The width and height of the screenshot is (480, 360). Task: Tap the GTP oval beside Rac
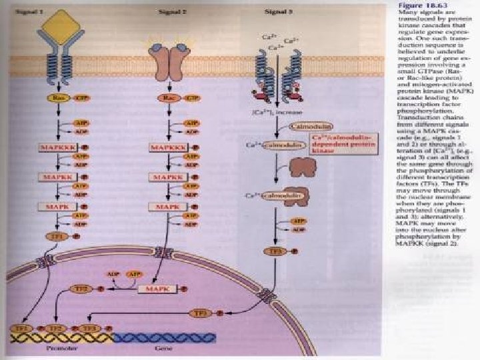point(192,98)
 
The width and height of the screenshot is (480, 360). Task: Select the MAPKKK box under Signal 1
point(56,146)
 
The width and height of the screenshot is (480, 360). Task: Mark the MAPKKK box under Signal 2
point(167,146)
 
